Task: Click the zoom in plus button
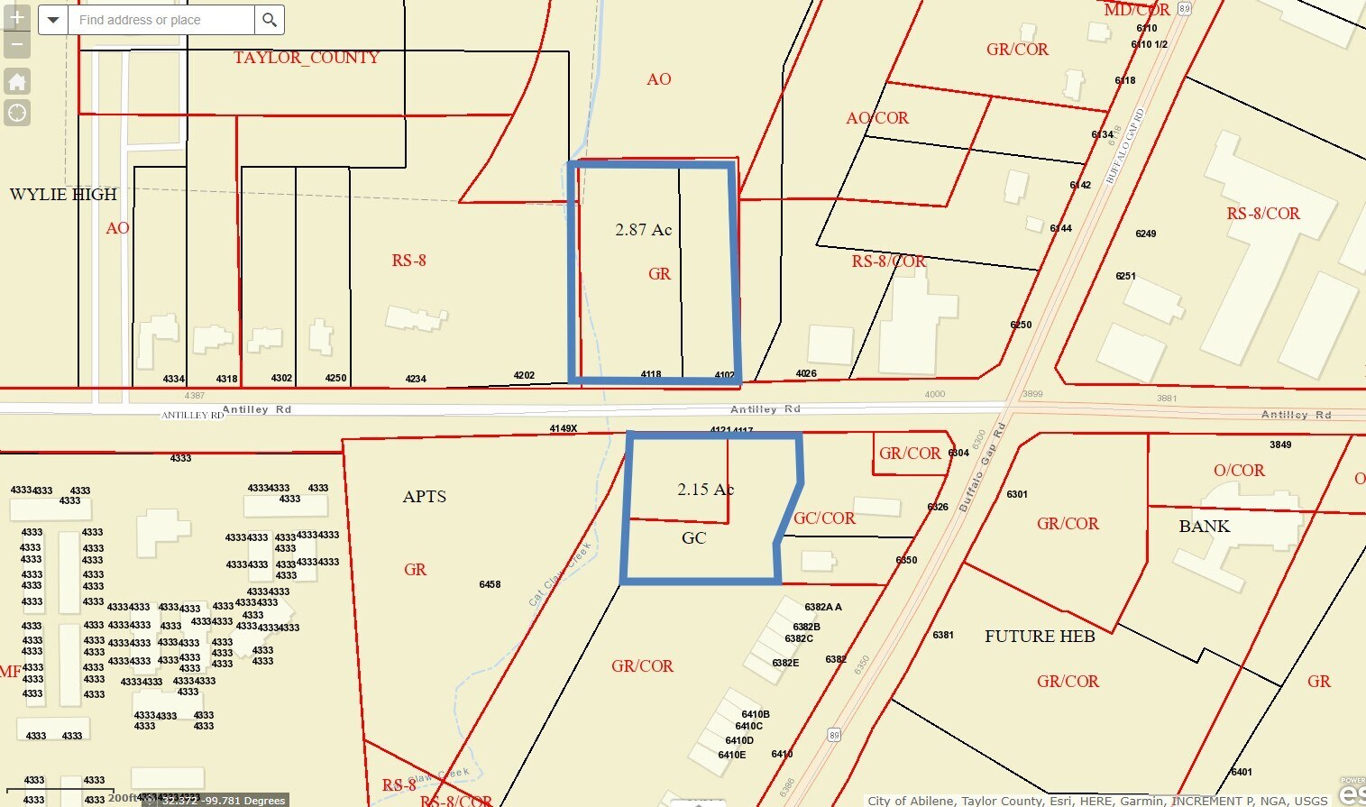coord(17,17)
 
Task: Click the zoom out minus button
coord(17,44)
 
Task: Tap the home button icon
coord(17,82)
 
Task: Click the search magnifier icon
coord(269,20)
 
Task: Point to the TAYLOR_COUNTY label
coord(306,58)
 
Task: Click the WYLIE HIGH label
coord(63,195)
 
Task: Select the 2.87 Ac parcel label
coord(643,230)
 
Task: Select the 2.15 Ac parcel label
coord(705,490)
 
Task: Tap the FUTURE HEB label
coord(1040,637)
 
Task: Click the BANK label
coord(1204,527)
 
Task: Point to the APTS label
coord(424,497)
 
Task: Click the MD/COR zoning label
coord(1137,11)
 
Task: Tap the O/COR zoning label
coord(1239,471)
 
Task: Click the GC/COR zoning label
coord(824,518)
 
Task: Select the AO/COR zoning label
coord(877,118)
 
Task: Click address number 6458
coord(490,585)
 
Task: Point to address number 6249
coord(1145,234)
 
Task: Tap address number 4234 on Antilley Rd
coord(416,379)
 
